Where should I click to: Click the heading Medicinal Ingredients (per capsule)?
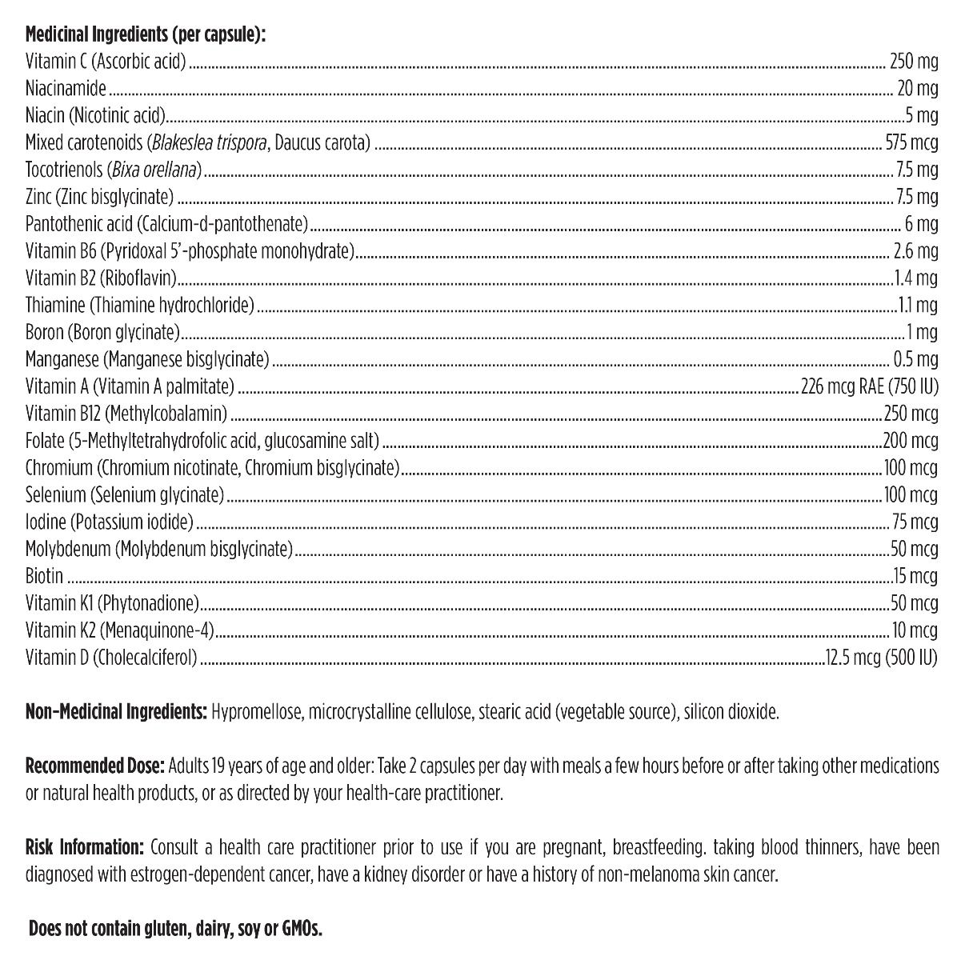tap(146, 35)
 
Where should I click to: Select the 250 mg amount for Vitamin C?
tap(914, 62)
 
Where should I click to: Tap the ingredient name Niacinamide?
tap(66, 89)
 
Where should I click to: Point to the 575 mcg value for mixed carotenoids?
tap(911, 143)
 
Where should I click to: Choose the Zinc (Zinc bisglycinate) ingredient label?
tap(99, 197)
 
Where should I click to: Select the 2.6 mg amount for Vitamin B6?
tap(915, 251)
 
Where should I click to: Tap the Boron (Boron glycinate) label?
tap(102, 333)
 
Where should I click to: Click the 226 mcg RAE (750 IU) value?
tap(869, 387)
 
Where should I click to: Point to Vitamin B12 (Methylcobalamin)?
tap(126, 414)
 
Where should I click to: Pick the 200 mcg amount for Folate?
tap(911, 441)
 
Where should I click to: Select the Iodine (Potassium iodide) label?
tap(109, 522)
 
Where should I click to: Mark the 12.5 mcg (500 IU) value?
tap(882, 658)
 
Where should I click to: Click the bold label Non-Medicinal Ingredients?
tap(117, 712)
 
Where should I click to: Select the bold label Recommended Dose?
tap(95, 766)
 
